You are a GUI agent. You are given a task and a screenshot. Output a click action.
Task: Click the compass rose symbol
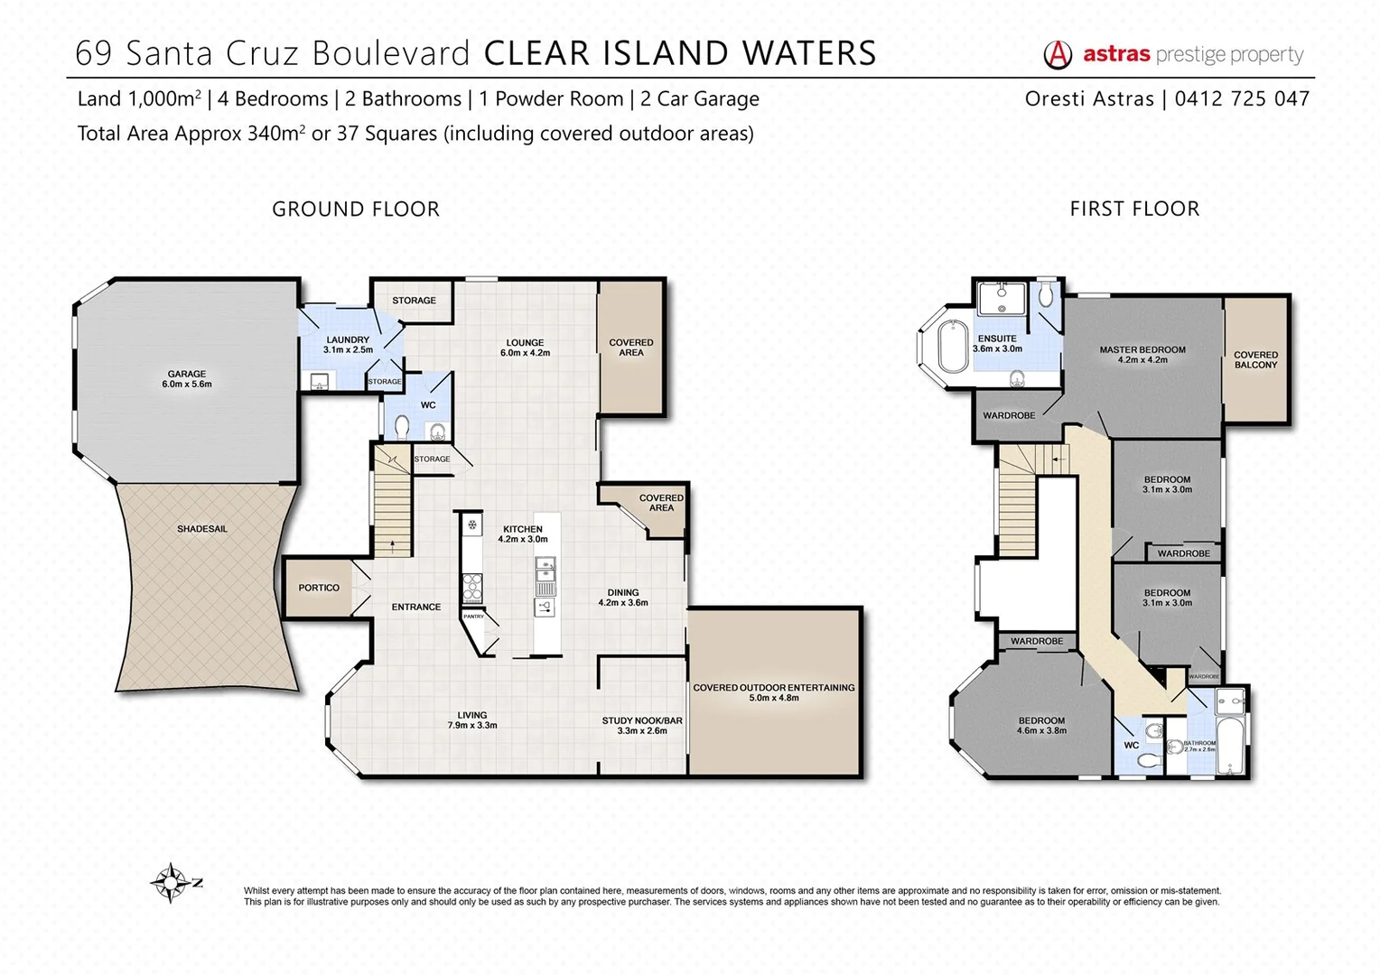coord(171,882)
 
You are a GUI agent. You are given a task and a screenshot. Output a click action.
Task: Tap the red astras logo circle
coord(1058,55)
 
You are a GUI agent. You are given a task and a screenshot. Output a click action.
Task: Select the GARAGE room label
coord(187,378)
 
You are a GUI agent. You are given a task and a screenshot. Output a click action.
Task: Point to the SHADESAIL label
coord(202,529)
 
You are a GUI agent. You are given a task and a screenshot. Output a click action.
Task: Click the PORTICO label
coord(319,588)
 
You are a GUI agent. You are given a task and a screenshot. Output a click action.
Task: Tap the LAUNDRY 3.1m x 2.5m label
coord(348,344)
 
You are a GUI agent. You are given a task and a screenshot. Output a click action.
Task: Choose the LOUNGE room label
coord(525,348)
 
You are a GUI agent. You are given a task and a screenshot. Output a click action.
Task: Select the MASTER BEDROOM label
coord(1142,354)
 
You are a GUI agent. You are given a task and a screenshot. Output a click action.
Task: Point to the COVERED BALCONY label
coord(1255,359)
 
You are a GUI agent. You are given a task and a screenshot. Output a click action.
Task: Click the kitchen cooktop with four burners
coord(471,589)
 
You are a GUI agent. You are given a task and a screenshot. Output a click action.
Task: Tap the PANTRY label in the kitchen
coord(473,617)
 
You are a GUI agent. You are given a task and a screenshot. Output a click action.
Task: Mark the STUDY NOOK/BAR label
coord(642,725)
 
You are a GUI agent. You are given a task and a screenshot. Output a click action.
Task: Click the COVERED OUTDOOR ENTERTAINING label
coord(774,692)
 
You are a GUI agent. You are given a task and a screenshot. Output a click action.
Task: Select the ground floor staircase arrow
coord(392,542)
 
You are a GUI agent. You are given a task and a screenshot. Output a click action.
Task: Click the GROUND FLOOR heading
coord(356,209)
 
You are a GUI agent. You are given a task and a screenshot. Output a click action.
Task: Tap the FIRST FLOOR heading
coord(1134,209)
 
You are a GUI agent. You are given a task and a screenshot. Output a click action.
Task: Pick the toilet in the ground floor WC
coord(402,425)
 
